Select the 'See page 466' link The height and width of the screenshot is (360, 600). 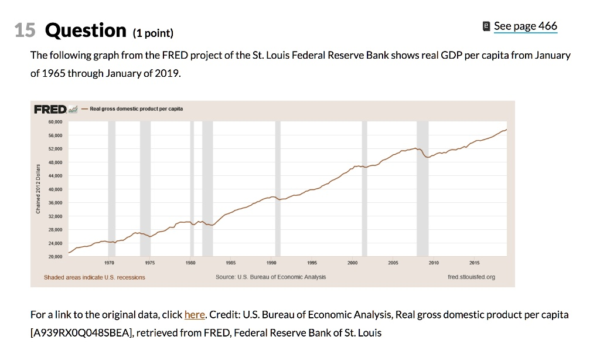pyautogui.click(x=525, y=26)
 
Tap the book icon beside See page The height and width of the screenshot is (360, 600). pyautogui.click(x=486, y=26)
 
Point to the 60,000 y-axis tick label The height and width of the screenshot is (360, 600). pyautogui.click(x=55, y=123)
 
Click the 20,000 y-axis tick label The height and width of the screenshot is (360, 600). pyautogui.click(x=55, y=257)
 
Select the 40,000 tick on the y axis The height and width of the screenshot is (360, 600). pyautogui.click(x=55, y=189)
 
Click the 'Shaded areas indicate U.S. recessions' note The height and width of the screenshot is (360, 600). pyautogui.click(x=94, y=277)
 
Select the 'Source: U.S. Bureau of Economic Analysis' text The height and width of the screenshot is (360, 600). pyautogui.click(x=271, y=277)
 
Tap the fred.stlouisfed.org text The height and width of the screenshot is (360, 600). pyautogui.click(x=471, y=277)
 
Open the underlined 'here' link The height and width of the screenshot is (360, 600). pyautogui.click(x=194, y=315)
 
